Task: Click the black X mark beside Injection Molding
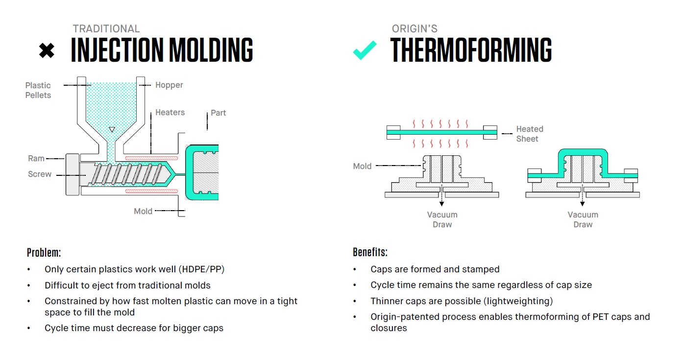[x=47, y=50]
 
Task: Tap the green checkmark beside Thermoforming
[x=365, y=50]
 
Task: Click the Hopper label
[x=169, y=85]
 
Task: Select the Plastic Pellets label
[x=38, y=90]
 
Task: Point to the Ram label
[x=36, y=159]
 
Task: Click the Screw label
[x=40, y=174]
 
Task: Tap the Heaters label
[x=170, y=113]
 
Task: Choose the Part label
[x=218, y=113]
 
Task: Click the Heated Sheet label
[x=529, y=134]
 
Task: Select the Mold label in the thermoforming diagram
[x=362, y=167]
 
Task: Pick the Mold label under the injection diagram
[x=143, y=212]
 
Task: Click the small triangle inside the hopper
[x=112, y=130]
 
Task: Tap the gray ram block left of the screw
[x=72, y=174]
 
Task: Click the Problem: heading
[x=44, y=253]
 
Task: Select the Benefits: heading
[x=370, y=253]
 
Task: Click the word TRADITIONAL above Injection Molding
[x=106, y=29]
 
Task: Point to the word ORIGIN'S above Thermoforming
[x=415, y=29]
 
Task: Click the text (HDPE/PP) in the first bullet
[x=201, y=269]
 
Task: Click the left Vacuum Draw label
[x=442, y=219]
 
